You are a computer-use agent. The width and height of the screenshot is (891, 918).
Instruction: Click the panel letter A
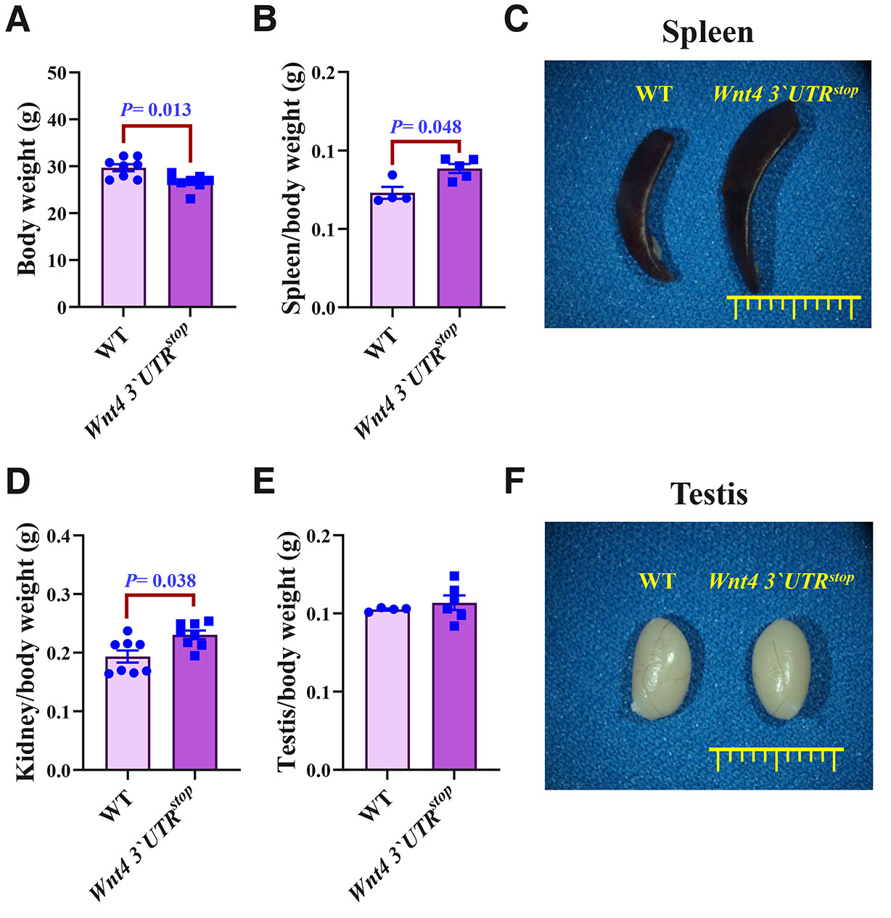(x=18, y=20)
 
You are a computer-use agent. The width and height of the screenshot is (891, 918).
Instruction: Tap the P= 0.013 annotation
(x=155, y=110)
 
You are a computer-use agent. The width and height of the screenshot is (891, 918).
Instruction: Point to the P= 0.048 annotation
(x=426, y=127)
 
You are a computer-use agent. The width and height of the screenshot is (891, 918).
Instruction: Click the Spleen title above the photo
(x=707, y=33)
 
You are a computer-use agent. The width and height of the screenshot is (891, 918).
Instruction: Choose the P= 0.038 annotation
(x=160, y=581)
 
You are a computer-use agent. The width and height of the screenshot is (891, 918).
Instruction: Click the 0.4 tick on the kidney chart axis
(x=59, y=536)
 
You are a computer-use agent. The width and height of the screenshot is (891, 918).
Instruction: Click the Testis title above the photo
(x=709, y=494)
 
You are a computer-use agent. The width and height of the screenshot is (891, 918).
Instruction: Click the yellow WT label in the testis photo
(x=657, y=581)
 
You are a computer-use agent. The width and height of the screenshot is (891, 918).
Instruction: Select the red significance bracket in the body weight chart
(x=156, y=127)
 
